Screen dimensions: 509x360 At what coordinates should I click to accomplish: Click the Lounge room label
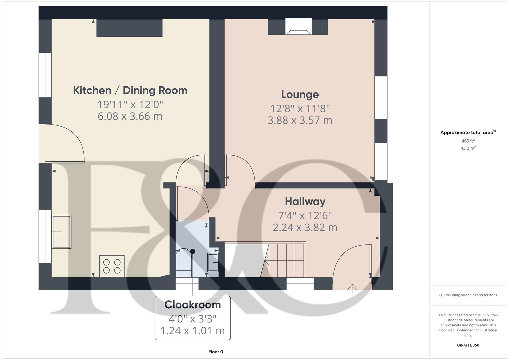point(300,95)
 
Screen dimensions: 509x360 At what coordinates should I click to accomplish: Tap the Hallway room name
point(305,202)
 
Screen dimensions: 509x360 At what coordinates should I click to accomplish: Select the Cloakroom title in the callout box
point(193,305)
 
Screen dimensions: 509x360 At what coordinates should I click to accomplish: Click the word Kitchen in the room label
point(92,90)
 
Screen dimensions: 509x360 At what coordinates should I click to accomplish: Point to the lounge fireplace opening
point(298,26)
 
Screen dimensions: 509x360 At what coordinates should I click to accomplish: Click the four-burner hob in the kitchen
point(112,266)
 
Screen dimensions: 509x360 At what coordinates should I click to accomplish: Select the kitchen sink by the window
point(61,232)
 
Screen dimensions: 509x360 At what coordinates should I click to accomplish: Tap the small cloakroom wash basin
point(213,263)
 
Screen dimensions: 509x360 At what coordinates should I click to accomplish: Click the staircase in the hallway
point(283,260)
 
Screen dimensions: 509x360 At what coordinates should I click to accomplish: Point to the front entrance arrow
point(352,289)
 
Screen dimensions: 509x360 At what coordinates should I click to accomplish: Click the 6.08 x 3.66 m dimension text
point(130,116)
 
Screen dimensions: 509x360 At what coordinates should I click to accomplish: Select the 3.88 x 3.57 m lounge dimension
point(300,120)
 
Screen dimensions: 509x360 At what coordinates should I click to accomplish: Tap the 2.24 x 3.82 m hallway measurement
point(305,227)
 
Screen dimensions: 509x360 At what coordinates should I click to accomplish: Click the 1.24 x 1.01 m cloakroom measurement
point(193,331)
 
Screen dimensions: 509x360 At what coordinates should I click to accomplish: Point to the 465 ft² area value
point(468,141)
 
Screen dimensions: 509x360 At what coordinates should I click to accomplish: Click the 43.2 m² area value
point(468,148)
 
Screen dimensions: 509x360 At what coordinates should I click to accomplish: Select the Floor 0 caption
point(216,352)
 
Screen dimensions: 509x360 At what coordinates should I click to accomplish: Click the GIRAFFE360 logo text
point(468,345)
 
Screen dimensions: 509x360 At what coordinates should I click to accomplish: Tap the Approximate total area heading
point(468,132)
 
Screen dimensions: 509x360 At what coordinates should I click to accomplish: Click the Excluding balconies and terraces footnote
point(468,295)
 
